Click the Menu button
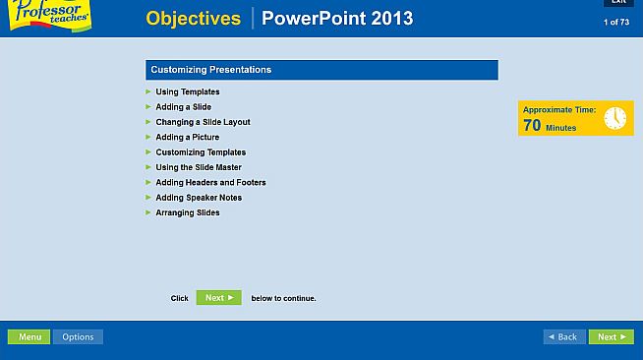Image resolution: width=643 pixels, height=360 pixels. click(x=29, y=337)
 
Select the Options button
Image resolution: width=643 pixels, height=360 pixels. click(x=78, y=337)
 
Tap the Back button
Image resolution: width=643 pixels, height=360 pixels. click(x=564, y=337)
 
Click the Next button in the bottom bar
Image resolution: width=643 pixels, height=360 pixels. click(x=611, y=337)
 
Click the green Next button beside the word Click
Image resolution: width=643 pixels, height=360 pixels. click(x=218, y=298)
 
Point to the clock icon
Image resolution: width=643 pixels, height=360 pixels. click(x=614, y=118)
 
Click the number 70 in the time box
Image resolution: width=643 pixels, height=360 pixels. click(x=532, y=126)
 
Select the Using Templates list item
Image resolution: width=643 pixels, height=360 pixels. click(x=187, y=91)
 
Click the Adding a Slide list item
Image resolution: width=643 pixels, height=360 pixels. click(x=183, y=107)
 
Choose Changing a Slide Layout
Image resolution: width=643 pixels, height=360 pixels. click(x=203, y=122)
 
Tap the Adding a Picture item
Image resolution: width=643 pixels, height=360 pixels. click(x=187, y=138)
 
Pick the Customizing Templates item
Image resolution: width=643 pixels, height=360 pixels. click(x=201, y=152)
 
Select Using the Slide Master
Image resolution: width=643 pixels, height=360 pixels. click(x=198, y=167)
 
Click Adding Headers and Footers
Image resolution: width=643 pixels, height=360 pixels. click(x=210, y=183)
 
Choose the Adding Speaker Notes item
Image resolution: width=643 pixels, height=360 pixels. click(x=199, y=198)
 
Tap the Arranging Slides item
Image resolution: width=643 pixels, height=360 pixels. click(x=187, y=212)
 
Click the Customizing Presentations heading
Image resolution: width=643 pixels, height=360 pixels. click(x=211, y=70)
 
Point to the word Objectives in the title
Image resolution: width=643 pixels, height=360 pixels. click(x=193, y=19)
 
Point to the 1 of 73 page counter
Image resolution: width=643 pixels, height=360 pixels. click(x=616, y=22)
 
